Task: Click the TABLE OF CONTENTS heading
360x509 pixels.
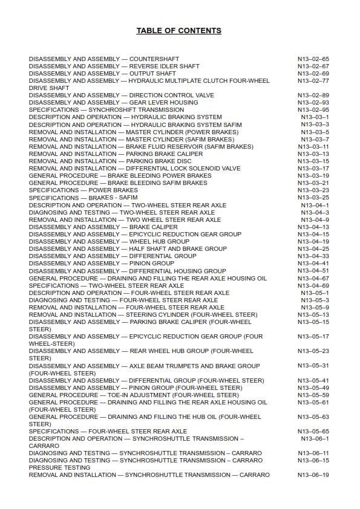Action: [x=178, y=31]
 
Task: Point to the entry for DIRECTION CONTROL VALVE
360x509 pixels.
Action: [x=121, y=96]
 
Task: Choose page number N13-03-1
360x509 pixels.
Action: [x=315, y=117]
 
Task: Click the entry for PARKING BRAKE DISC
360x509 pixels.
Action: [x=110, y=161]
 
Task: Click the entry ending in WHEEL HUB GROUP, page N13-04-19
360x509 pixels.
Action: [x=109, y=242]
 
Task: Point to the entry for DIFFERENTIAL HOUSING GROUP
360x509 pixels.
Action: [x=127, y=271]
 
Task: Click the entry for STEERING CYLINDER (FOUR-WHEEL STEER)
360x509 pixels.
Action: [x=143, y=315]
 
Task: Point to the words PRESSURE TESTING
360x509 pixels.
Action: [x=59, y=468]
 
